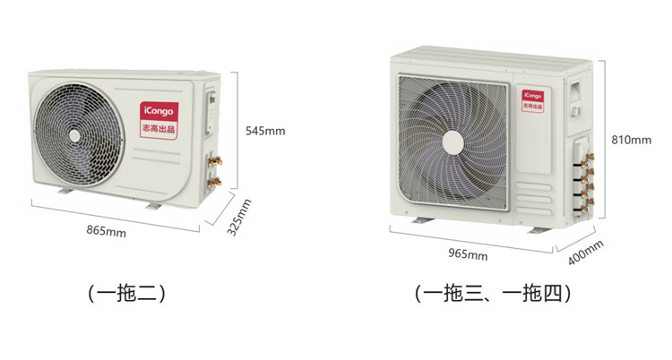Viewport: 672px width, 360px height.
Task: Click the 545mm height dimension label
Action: [265, 131]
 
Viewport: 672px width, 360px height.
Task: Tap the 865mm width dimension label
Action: [106, 231]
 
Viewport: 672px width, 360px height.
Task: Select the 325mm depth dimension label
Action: [238, 217]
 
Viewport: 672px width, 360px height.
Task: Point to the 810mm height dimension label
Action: [631, 140]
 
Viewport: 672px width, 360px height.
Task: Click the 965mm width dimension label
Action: [468, 254]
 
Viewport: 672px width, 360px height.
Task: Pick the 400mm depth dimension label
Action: [586, 254]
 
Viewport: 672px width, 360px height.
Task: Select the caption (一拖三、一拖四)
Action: [493, 293]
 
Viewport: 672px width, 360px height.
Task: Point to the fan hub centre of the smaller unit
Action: [77, 137]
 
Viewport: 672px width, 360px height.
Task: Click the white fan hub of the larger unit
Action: [454, 142]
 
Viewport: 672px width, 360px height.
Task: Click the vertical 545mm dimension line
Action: [237, 130]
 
